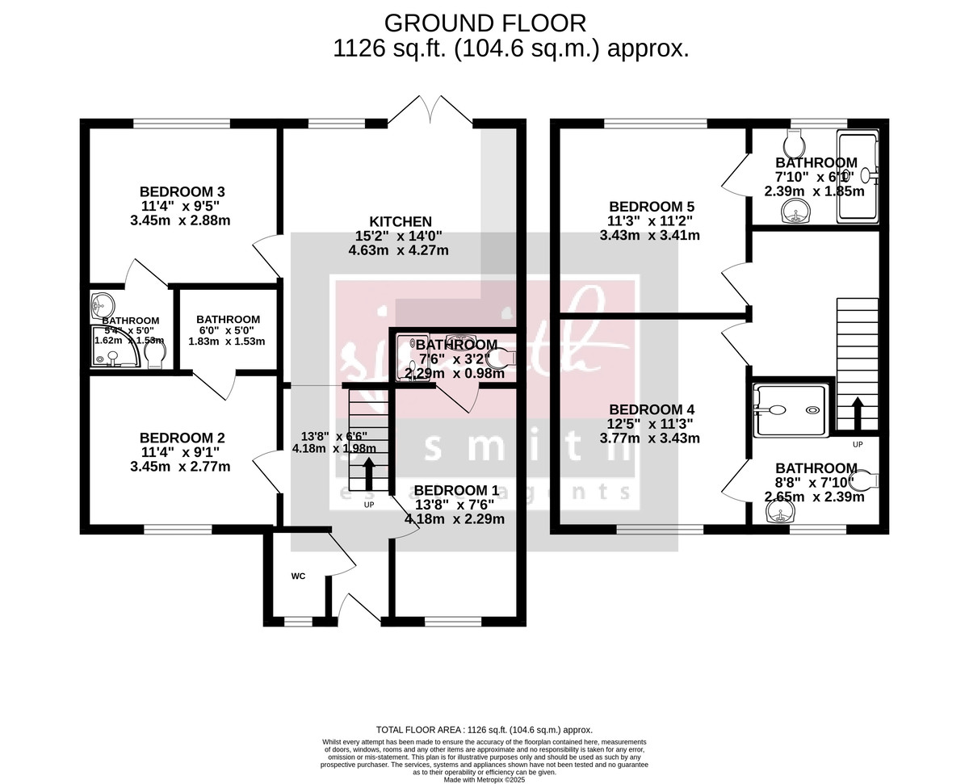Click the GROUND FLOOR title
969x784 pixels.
click(x=484, y=22)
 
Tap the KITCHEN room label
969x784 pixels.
click(x=401, y=221)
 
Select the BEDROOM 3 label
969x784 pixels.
click(x=182, y=191)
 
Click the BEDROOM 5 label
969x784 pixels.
click(x=651, y=206)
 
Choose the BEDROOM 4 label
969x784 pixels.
click(x=651, y=409)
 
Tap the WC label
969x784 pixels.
click(x=299, y=576)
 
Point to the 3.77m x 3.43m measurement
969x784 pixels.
click(x=650, y=438)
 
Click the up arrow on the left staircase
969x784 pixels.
click(x=369, y=475)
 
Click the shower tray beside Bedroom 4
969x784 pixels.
click(x=791, y=410)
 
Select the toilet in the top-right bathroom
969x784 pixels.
click(x=795, y=145)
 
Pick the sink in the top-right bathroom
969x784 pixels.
click(x=795, y=212)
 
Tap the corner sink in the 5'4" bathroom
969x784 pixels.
click(x=101, y=304)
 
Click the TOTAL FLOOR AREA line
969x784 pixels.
click(x=484, y=729)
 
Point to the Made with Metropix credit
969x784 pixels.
click(x=484, y=780)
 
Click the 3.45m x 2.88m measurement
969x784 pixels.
click(x=180, y=220)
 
